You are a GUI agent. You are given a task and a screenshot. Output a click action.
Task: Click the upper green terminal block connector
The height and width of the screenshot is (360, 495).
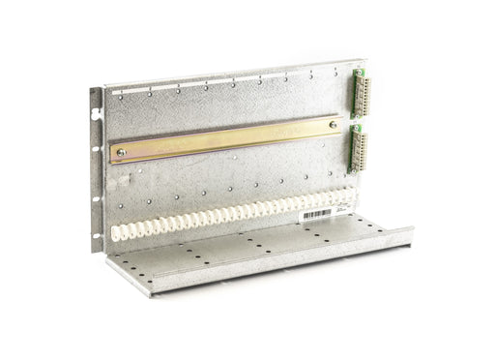[360, 93]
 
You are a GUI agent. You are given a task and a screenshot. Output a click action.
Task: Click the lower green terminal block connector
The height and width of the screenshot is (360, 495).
[356, 148]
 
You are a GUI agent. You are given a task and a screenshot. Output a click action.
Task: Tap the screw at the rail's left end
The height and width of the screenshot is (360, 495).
[121, 152]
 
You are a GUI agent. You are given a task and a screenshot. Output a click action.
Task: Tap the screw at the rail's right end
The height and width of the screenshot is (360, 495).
[334, 124]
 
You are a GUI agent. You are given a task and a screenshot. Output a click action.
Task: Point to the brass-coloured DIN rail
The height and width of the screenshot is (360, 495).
[227, 138]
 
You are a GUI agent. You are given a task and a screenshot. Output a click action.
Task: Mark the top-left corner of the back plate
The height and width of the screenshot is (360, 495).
[104, 87]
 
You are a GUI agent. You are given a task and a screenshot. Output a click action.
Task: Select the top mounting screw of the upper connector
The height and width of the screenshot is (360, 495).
[358, 72]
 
